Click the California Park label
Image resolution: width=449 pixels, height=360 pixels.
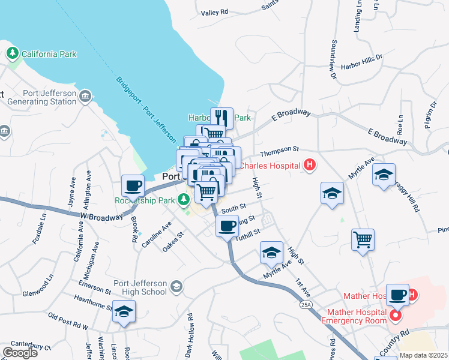pyautogui.click(x=49, y=54)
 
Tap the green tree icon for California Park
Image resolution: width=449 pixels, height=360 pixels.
pyautogui.click(x=13, y=54)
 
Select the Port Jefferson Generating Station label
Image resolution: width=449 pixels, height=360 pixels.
pyautogui.click(x=42, y=97)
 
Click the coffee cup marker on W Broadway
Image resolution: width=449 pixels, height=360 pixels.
pyautogui.click(x=133, y=185)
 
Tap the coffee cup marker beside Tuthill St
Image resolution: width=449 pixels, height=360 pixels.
pyautogui.click(x=227, y=226)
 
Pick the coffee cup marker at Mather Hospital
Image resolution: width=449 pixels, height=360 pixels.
pyautogui.click(x=397, y=295)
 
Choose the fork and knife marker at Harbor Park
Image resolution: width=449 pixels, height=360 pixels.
pyautogui.click(x=221, y=118)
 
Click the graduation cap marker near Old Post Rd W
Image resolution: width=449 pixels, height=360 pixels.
pyautogui.click(x=124, y=311)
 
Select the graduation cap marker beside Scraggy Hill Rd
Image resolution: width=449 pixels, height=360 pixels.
pyautogui.click(x=384, y=175)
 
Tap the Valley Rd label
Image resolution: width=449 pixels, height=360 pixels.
pyautogui.click(x=215, y=12)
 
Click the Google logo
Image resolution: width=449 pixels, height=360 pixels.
pyautogui.click(x=20, y=353)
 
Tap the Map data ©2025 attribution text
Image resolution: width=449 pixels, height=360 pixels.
pyautogui.click(x=423, y=355)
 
